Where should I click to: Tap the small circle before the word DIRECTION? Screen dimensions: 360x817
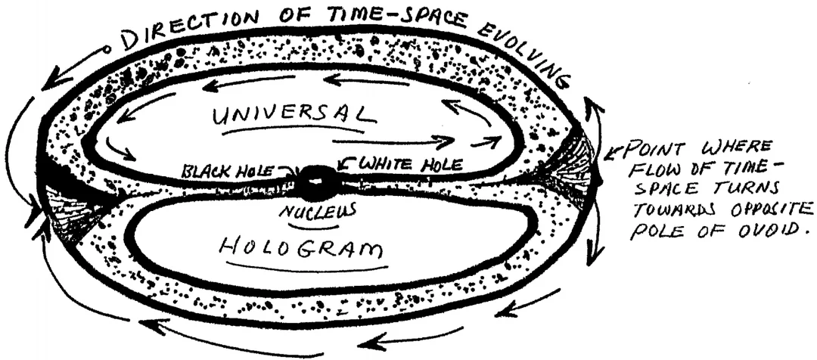pyautogui.click(x=107, y=51)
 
